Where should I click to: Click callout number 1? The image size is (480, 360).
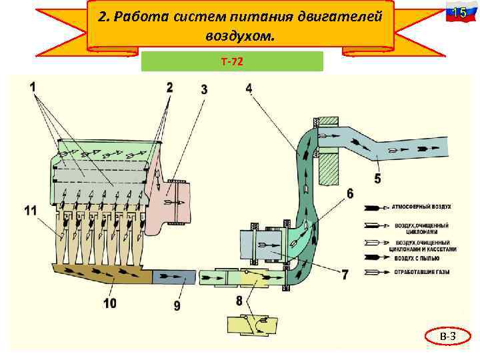(33, 86)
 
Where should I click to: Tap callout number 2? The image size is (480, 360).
(169, 86)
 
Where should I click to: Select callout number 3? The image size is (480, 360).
(203, 89)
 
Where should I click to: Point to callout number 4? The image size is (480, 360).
(249, 88)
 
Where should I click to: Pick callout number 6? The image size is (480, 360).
(350, 194)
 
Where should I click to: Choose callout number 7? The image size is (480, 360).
(344, 273)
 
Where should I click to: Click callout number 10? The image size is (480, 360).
(109, 303)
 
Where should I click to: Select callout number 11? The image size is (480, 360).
(31, 211)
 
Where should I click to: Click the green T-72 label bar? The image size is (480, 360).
(232, 61)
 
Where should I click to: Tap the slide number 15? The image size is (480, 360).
(457, 13)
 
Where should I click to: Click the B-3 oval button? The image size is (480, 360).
(447, 338)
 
